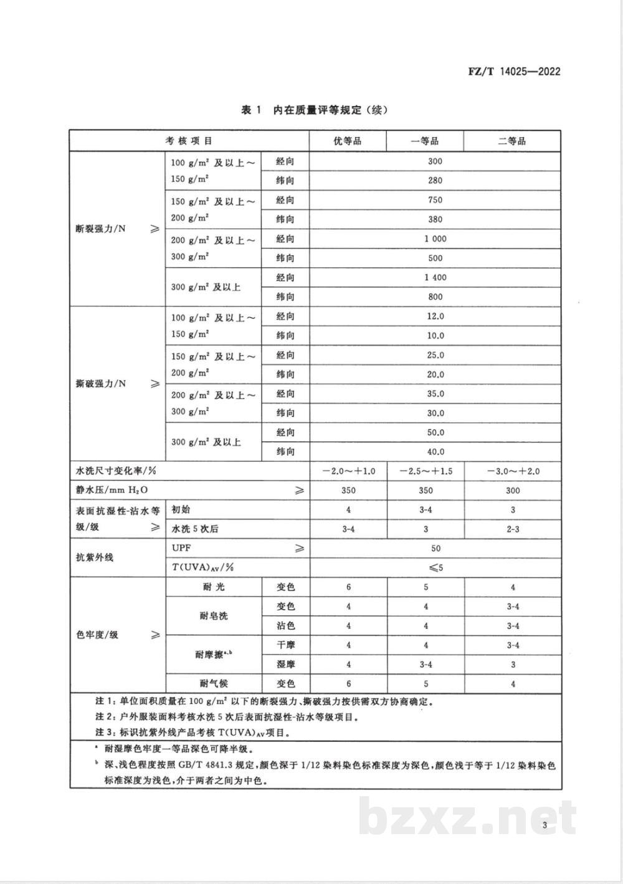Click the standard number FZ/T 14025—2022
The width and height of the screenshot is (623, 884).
[514, 71]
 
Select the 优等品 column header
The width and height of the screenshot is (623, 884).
[348, 141]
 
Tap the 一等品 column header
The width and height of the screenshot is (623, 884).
[425, 141]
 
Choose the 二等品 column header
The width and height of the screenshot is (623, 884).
[512, 141]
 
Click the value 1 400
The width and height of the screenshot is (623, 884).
[435, 277]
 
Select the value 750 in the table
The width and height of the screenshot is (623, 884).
[435, 200]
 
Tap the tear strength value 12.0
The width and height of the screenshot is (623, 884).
[435, 316]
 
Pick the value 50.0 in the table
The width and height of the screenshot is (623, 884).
[435, 433]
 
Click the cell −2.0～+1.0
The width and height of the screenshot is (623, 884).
[348, 471]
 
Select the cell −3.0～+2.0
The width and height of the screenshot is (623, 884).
[513, 471]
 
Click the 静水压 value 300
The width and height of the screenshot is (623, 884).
[513, 491]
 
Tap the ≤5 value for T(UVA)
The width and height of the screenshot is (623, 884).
[435, 567]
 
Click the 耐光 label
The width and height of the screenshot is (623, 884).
[213, 587]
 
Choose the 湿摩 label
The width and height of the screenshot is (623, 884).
[285, 665]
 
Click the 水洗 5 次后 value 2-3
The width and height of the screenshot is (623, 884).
[513, 529]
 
